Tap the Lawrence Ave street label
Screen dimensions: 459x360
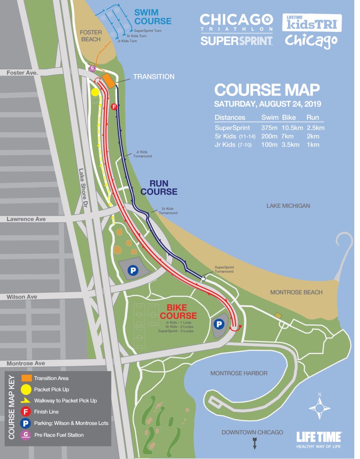(26, 219)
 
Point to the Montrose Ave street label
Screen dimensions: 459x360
(26, 363)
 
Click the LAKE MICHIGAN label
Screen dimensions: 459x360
(288, 206)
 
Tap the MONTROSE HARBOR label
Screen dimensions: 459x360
(239, 373)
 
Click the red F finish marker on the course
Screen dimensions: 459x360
(114, 107)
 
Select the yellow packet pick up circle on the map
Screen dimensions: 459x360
(95, 92)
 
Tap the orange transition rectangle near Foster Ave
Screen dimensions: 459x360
(108, 81)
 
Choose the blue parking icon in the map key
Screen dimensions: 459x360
(26, 423)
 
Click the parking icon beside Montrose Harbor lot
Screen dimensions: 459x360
(219, 324)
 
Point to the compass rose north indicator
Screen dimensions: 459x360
(319, 407)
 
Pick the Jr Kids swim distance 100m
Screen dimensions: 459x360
(269, 145)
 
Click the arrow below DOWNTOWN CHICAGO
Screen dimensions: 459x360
(255, 445)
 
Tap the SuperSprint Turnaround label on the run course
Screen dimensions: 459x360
(224, 269)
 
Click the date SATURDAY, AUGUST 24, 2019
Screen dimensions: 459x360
(268, 104)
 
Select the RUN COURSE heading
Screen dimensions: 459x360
(159, 188)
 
